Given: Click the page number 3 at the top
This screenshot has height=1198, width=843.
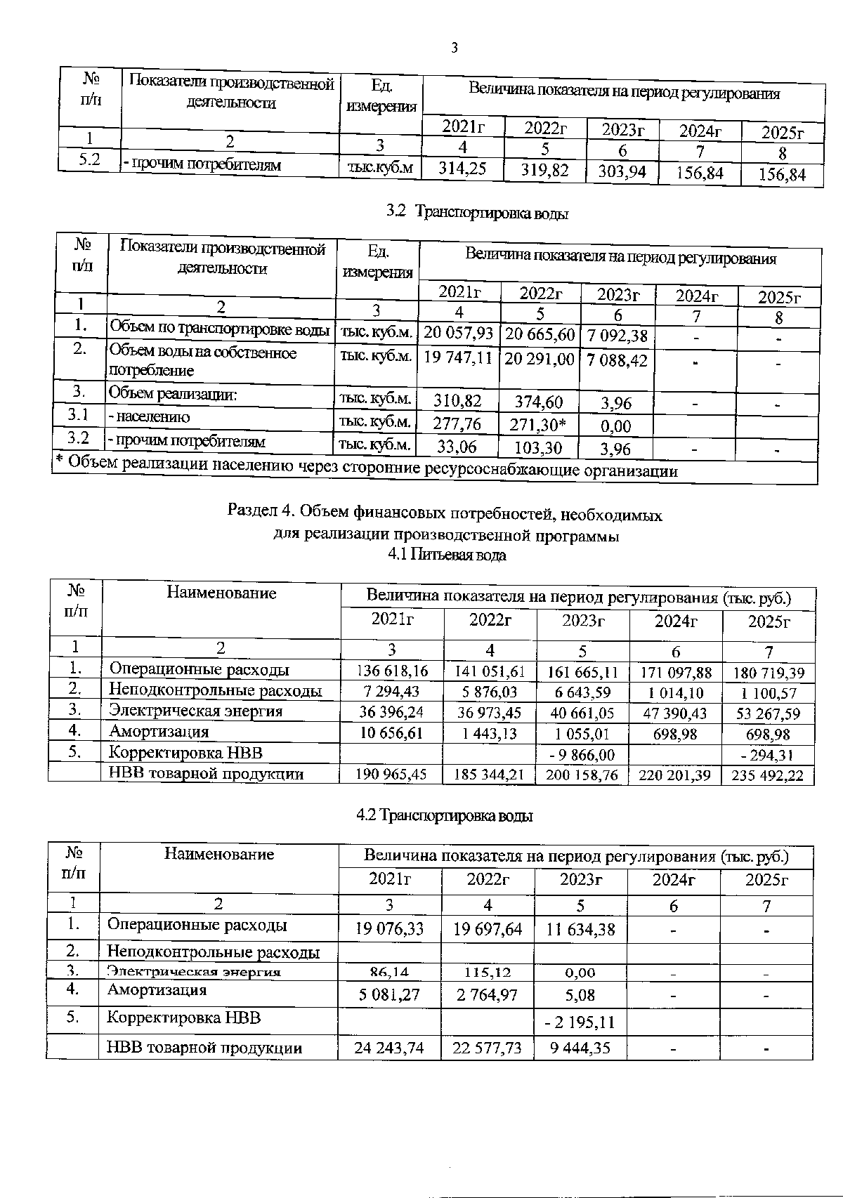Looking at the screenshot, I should (454, 48).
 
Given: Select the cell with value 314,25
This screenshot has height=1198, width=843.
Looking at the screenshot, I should (462, 169).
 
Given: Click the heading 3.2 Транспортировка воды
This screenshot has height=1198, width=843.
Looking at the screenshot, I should (477, 212).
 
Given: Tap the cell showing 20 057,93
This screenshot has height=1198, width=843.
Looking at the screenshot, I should (458, 333).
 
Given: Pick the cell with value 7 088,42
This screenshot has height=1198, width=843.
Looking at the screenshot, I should (617, 360).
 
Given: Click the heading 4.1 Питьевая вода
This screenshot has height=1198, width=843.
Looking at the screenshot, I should (447, 555).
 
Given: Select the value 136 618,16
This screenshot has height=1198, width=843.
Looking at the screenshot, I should (392, 672).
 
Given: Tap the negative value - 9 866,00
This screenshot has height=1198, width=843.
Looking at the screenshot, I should (583, 755).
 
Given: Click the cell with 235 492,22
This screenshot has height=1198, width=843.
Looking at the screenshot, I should (768, 775).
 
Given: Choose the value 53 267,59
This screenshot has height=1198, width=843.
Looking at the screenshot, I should (768, 713).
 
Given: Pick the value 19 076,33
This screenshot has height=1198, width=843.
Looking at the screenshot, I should (389, 929).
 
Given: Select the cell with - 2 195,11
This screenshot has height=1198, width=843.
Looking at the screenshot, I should (580, 1022).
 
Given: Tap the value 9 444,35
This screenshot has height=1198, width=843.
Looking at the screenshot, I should (580, 1048).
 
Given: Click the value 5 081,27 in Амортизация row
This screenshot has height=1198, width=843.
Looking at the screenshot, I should (389, 994).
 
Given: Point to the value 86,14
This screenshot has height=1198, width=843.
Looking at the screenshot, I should (389, 973).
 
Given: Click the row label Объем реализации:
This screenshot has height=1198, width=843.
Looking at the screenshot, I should (172, 394).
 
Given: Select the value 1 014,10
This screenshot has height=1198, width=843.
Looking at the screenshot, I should (675, 693).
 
